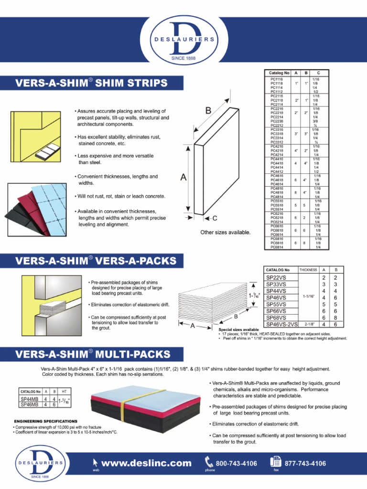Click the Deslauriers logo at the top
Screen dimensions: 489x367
point(183,40)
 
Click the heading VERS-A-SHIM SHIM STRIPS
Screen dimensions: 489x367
point(92,84)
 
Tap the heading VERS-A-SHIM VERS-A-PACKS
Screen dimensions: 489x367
point(96,261)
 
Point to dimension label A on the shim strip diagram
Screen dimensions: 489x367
point(183,177)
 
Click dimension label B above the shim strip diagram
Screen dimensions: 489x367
point(208,110)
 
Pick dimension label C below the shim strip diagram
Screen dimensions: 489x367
point(215,218)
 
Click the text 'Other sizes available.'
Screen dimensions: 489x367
point(225,232)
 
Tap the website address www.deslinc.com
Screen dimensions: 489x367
point(146,463)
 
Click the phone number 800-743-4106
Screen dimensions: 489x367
point(237,463)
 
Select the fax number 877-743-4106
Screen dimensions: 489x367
point(305,463)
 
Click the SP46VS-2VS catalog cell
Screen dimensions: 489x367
point(281,324)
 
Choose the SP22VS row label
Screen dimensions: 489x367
point(276,277)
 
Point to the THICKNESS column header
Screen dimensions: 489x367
point(308,270)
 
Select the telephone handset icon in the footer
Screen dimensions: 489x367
point(209,462)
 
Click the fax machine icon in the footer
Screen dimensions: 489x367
point(276,462)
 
